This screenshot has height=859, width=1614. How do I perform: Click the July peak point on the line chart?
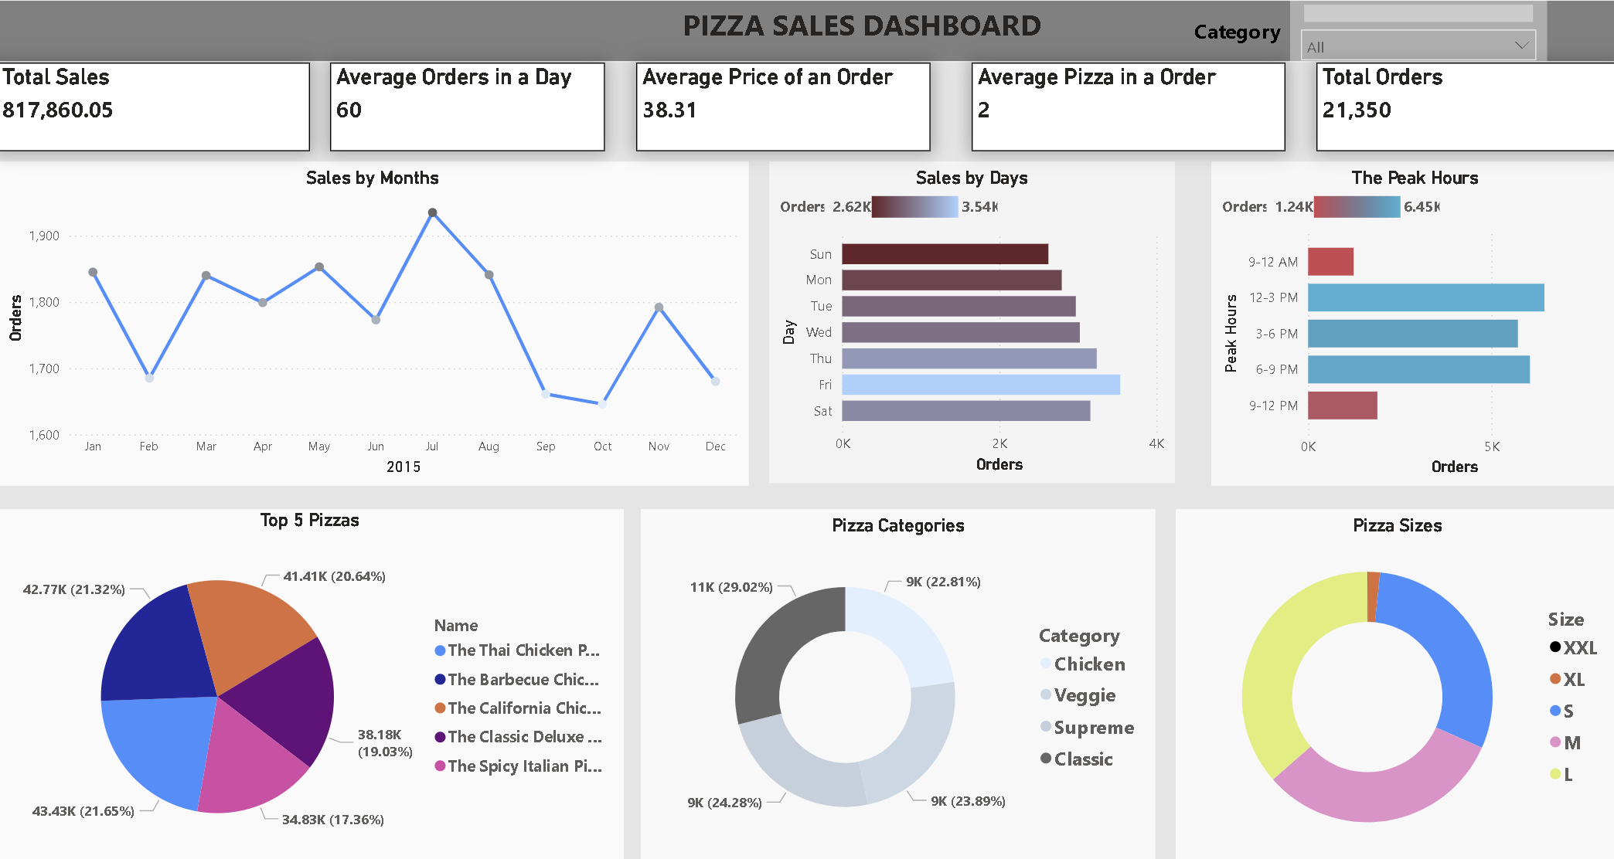click(433, 212)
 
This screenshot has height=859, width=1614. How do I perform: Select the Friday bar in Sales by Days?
click(980, 385)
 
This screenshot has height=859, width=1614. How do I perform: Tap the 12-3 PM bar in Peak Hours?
click(1425, 297)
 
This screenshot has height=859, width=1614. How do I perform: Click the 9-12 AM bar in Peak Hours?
click(1330, 262)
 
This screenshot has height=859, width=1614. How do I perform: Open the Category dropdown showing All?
click(1418, 46)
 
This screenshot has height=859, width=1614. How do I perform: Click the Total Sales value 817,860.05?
click(58, 110)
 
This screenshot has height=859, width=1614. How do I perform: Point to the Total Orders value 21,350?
click(1357, 110)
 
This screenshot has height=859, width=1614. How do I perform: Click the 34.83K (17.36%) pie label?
click(332, 820)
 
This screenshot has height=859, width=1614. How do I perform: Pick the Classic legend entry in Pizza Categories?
click(1082, 759)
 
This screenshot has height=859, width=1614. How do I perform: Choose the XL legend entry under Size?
click(1572, 680)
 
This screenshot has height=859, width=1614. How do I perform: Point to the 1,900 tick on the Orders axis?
click(44, 236)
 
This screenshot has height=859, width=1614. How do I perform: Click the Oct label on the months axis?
click(602, 446)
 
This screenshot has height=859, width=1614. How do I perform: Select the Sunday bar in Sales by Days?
click(945, 254)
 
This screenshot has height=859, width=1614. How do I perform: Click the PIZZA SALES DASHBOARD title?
click(862, 26)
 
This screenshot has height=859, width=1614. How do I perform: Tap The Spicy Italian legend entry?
click(523, 766)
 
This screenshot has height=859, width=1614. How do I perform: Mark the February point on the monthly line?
click(149, 378)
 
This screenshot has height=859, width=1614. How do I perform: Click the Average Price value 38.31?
click(669, 110)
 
